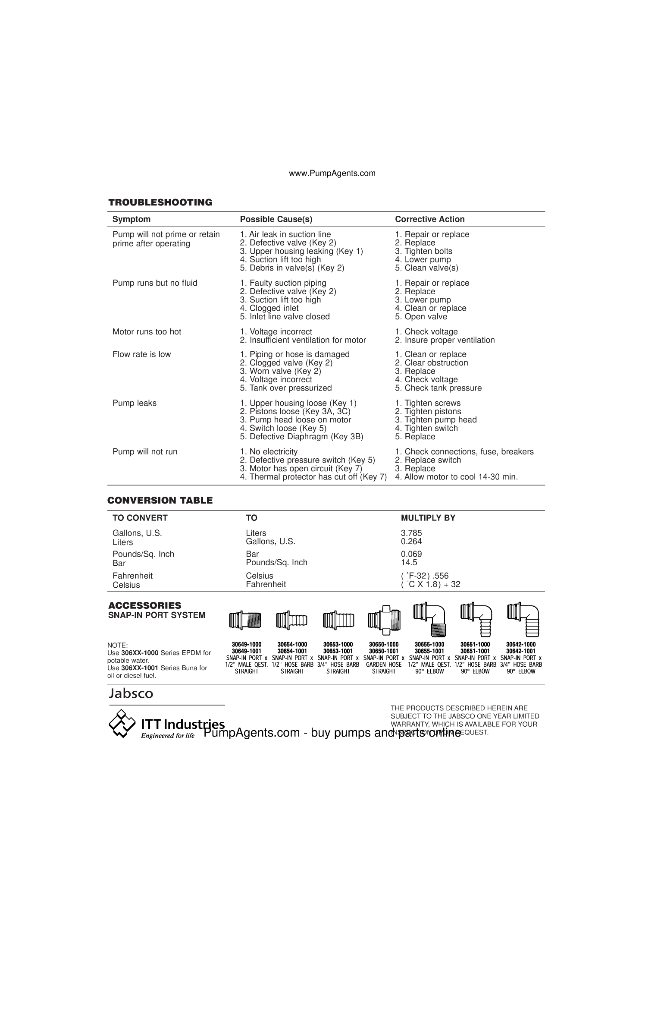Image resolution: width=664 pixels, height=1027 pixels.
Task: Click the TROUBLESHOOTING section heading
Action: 160,202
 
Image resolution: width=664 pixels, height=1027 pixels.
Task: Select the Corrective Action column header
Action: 429,219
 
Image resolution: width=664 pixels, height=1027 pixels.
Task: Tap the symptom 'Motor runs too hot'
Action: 147,332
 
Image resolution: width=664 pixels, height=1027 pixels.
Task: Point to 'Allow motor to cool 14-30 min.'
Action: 460,477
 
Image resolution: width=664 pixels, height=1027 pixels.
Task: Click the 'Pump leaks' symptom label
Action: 135,403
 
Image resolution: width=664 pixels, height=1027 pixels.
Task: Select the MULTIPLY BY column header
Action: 428,518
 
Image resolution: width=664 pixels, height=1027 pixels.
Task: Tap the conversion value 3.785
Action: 411,533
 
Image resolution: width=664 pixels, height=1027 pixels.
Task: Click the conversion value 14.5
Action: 409,562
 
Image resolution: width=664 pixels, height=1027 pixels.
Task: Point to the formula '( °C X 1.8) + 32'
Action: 430,584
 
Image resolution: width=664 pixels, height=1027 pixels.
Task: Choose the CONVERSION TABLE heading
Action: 160,501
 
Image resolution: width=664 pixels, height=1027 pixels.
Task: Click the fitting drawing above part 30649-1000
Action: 245,621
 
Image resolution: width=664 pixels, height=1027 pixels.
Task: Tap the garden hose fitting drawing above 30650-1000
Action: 383,621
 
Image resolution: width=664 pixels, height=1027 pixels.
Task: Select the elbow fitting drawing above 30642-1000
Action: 523,619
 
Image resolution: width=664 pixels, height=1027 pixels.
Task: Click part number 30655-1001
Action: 429,651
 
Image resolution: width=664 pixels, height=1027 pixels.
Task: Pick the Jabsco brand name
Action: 131,693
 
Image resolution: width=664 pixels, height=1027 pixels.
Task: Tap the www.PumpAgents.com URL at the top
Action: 332,173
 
